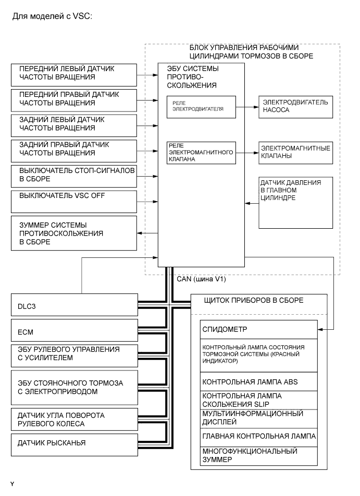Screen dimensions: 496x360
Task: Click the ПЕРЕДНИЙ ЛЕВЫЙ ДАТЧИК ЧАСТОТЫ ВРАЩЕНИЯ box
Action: [x=73, y=73]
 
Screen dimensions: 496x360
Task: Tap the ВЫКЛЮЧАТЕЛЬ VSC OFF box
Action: [x=73, y=199]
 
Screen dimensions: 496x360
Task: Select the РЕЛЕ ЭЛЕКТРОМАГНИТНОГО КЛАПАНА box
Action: [x=201, y=153]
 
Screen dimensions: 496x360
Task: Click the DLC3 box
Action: [x=73, y=307]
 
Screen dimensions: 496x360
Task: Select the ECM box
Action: [x=73, y=330]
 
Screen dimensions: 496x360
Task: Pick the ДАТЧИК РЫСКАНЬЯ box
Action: [x=73, y=443]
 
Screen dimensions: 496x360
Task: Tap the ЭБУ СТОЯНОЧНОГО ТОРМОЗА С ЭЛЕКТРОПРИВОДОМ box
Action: [x=73, y=387]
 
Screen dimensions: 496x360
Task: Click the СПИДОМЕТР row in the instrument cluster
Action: [x=258, y=330]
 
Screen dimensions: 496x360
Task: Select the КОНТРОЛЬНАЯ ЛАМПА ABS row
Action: [x=258, y=381]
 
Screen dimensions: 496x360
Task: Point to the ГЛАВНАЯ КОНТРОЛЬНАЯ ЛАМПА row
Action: [x=258, y=436]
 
